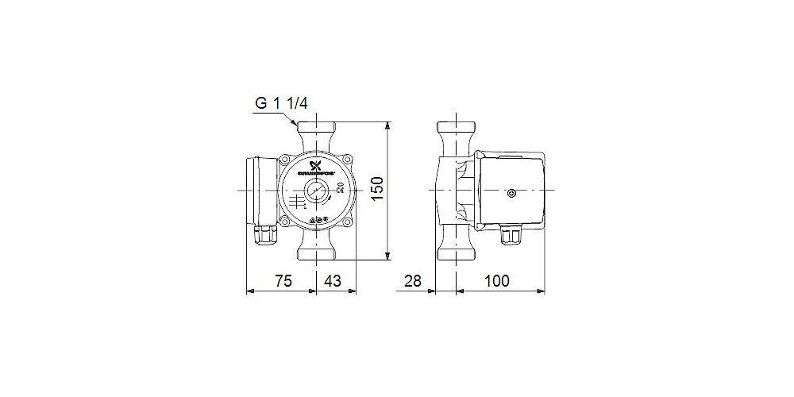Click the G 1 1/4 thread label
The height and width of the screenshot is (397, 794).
coord(282,104)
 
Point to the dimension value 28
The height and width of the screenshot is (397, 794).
coord(413,280)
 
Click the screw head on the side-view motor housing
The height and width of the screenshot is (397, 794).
coord(512,191)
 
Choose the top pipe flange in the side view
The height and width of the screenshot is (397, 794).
coord(456,126)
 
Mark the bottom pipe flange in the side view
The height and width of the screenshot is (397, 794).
coord(456,256)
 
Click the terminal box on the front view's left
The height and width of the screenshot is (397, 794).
coord(259,190)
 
